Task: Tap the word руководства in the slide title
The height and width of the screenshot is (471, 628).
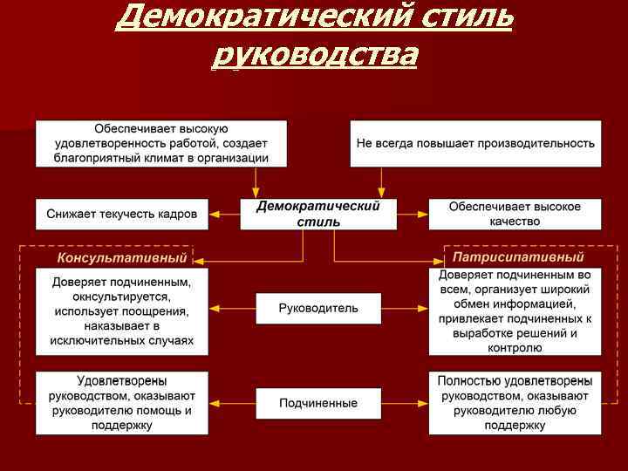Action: point(315,55)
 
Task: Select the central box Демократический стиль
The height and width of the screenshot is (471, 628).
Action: point(318,214)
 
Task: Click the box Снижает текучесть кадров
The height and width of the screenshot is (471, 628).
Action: point(122,214)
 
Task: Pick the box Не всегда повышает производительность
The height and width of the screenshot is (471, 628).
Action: point(475,143)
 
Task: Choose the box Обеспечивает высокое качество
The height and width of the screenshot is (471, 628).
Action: point(515,214)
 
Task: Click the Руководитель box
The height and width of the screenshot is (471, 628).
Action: point(318,308)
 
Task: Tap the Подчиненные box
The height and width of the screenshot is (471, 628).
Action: point(318,403)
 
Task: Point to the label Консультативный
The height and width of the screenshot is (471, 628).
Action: point(122,258)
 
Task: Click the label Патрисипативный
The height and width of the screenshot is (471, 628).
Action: point(518,258)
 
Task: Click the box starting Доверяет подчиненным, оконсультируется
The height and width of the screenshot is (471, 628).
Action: point(122,311)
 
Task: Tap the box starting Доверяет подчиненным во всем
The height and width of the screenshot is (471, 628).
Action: point(515,311)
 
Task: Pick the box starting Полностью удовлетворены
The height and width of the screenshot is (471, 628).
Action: point(515,403)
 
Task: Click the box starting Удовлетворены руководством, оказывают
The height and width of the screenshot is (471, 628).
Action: point(122,403)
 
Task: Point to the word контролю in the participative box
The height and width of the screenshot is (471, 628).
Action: point(515,347)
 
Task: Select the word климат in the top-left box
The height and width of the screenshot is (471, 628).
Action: point(177,158)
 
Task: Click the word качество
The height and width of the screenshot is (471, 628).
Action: point(515,221)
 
